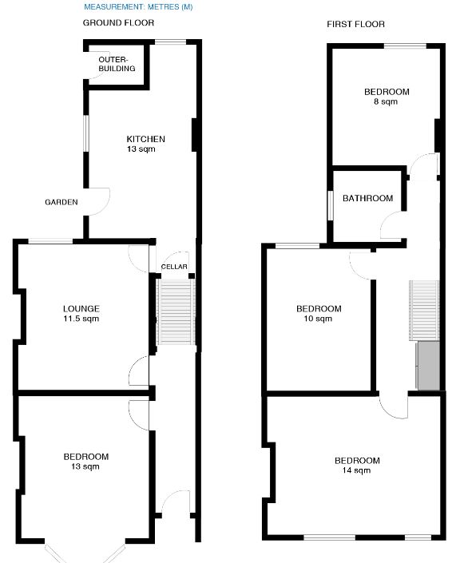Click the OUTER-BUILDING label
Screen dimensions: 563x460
117,64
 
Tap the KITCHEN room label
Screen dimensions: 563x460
145,139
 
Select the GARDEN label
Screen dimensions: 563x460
61,202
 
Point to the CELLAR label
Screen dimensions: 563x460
174,267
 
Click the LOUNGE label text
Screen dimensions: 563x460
81,309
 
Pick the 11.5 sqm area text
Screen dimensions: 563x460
81,319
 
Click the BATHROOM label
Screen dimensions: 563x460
367,198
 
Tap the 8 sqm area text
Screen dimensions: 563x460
386,101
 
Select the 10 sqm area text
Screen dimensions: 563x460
318,319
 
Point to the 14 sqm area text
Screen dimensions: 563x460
356,471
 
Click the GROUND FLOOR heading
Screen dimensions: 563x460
119,23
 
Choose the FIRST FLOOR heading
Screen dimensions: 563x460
355,25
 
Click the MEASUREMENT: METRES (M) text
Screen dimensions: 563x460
138,7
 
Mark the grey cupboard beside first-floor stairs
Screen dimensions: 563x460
429,366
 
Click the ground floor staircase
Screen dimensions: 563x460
175,311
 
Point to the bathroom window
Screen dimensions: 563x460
330,204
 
